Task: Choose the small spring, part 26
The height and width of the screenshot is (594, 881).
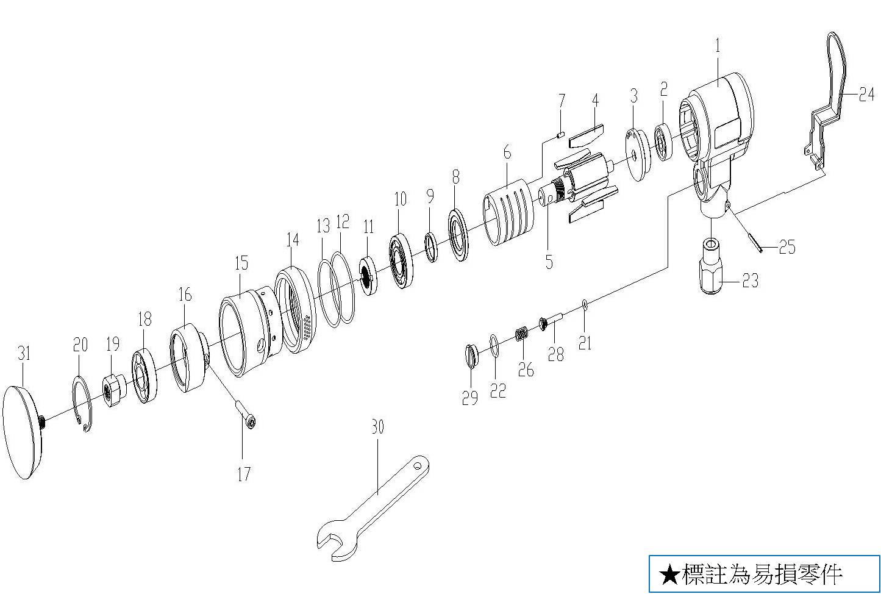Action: tap(521, 335)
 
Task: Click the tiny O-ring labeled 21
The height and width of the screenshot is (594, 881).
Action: tap(584, 304)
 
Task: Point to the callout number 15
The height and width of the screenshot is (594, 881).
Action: tap(241, 264)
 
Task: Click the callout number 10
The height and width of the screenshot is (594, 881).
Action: tap(400, 199)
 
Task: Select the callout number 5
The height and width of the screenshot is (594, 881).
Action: tap(549, 262)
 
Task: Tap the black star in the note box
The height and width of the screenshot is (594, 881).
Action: tap(669, 574)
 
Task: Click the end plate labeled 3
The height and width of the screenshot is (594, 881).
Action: tap(637, 155)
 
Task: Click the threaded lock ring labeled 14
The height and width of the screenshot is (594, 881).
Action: tap(296, 311)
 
